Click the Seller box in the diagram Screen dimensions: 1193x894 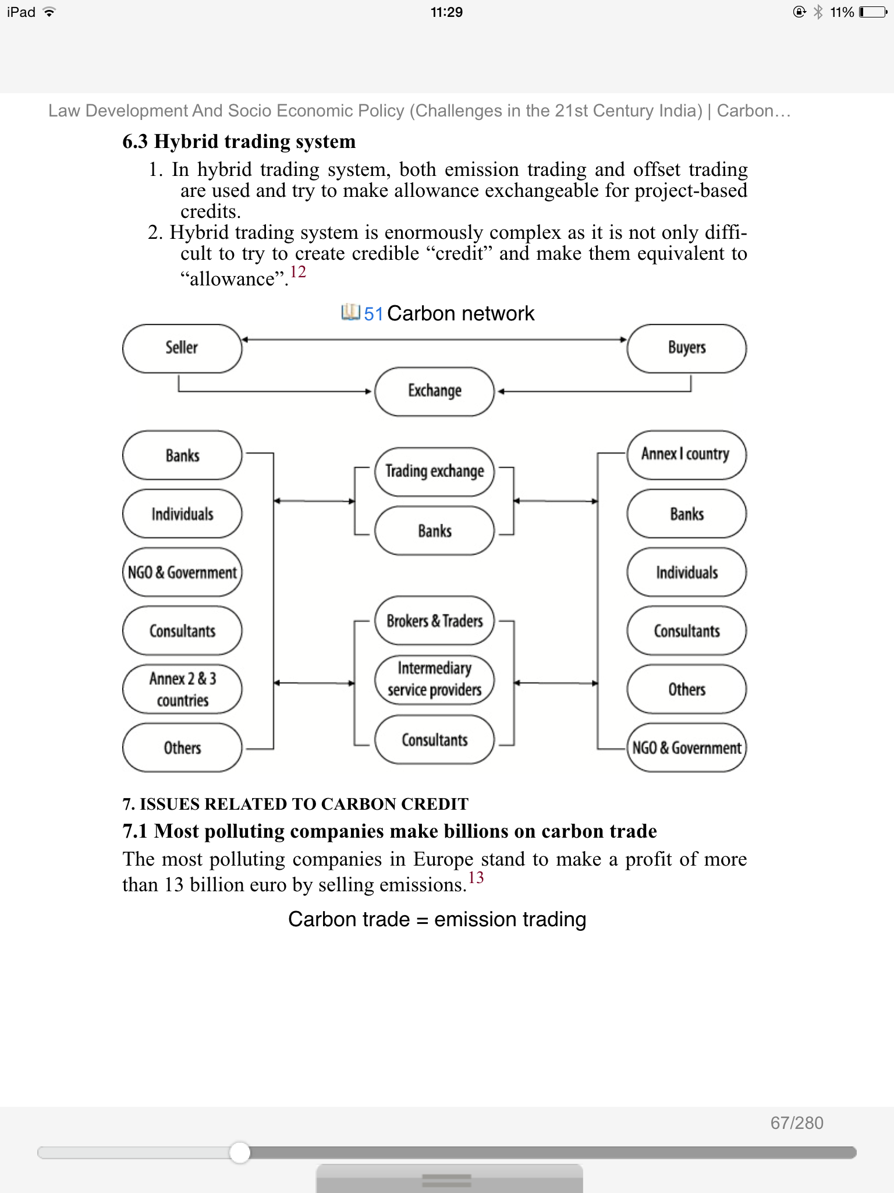tap(182, 348)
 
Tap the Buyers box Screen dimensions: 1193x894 tap(686, 348)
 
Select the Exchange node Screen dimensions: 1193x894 tap(434, 391)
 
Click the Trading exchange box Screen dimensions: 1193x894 tap(434, 471)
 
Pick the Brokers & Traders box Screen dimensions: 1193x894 tap(434, 621)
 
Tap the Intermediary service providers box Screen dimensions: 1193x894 tap(434, 679)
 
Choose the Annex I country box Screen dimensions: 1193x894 tap(686, 454)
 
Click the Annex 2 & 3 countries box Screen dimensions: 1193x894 tap(182, 689)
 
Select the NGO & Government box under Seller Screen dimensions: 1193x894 tap(182, 572)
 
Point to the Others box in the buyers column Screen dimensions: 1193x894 tap(686, 689)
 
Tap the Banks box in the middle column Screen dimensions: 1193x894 tap(434, 531)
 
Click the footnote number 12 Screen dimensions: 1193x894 tap(298, 272)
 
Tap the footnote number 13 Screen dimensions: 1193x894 tap(476, 878)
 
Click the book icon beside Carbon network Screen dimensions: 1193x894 tap(350, 312)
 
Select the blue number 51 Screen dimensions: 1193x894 tap(373, 314)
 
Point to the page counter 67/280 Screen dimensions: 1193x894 tap(796, 1123)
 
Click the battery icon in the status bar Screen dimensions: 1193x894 tap(872, 12)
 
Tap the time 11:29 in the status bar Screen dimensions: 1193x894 tap(446, 12)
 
